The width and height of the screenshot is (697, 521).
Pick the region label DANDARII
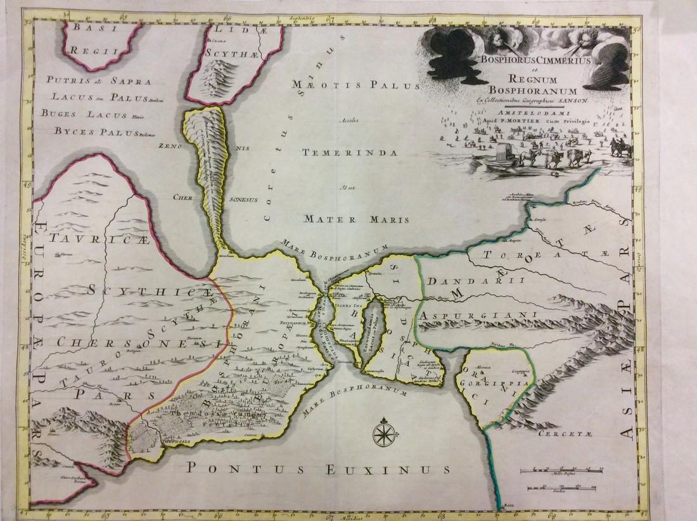click(x=457, y=281)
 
